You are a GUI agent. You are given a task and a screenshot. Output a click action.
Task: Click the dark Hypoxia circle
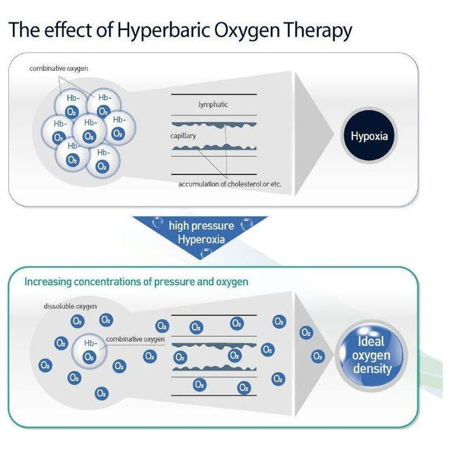pos(369,136)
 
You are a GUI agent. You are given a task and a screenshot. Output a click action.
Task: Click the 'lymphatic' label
pos(213,104)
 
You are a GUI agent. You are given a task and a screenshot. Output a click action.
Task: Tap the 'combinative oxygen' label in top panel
pos(59,68)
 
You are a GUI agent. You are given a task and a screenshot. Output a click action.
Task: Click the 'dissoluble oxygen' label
pos(70,306)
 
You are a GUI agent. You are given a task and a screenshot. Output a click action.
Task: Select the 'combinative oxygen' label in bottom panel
pos(135,339)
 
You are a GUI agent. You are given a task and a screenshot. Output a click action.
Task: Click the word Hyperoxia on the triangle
pos(201,239)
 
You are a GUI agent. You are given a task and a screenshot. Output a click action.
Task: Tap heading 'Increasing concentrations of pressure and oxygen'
pos(136,281)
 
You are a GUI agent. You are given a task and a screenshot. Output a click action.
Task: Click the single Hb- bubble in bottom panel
pos(89,351)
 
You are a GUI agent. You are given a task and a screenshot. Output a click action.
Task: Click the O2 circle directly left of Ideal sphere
pos(318,356)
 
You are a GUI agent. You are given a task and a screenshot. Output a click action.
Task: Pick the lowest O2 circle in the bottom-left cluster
pos(101,392)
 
